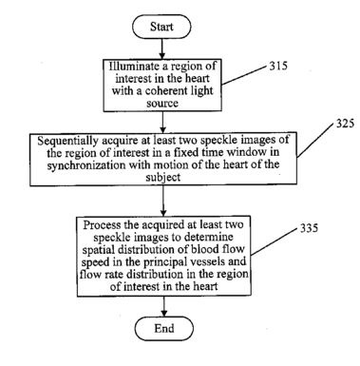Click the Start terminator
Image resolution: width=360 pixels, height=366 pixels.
pyautogui.click(x=161, y=27)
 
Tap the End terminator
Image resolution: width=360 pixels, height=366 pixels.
pyautogui.click(x=164, y=329)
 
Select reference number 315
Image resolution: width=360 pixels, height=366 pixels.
pyautogui.click(x=278, y=66)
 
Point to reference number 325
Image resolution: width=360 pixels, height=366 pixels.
pyautogui.click(x=345, y=124)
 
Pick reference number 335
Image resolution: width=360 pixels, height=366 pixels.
pyautogui.click(x=309, y=228)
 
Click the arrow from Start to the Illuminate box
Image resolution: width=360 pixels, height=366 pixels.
pyautogui.click(x=161, y=49)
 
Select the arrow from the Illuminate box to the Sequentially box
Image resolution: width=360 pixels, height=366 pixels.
pyautogui.click(x=162, y=123)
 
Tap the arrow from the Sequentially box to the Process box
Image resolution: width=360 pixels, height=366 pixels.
pyautogui.click(x=163, y=201)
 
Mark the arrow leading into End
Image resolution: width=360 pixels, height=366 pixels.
pyautogui.click(x=164, y=306)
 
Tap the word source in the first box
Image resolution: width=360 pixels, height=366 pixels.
pyautogui.click(x=162, y=104)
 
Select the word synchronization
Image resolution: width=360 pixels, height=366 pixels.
pyautogui.click(x=86, y=165)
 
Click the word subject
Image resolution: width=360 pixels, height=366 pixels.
pyautogui.click(x=163, y=177)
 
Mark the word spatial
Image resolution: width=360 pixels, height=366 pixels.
pyautogui.click(x=98, y=250)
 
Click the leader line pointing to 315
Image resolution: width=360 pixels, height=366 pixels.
pyautogui.click(x=244, y=75)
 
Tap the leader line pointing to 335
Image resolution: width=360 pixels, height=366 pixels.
pyautogui.click(x=274, y=241)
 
